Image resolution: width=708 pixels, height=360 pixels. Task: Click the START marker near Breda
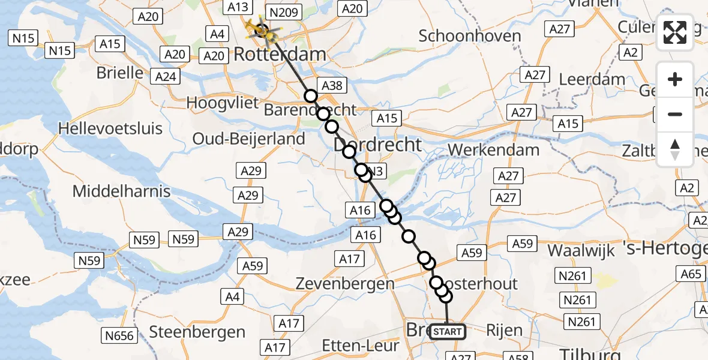(448, 332)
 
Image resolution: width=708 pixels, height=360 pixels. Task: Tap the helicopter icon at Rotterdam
(263, 30)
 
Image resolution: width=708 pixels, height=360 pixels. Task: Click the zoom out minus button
(675, 114)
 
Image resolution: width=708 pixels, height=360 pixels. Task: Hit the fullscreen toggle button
(675, 32)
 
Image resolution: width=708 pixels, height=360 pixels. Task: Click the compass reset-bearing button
(675, 149)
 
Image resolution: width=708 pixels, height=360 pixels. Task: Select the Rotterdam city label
(280, 54)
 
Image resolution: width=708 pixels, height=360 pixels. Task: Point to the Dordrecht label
(378, 144)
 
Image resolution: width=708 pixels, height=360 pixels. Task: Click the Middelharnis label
(121, 191)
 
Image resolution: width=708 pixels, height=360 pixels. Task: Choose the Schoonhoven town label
(470, 36)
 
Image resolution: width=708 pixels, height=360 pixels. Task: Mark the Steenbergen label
(197, 332)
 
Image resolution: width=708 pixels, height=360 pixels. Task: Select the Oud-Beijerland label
(248, 139)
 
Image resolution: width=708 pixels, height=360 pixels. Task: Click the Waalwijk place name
(581, 250)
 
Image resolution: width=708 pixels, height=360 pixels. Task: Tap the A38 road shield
(332, 86)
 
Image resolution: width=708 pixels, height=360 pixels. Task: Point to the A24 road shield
(166, 77)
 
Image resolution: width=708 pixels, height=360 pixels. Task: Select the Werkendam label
(494, 149)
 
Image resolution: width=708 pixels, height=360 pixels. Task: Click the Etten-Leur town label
(360, 346)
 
